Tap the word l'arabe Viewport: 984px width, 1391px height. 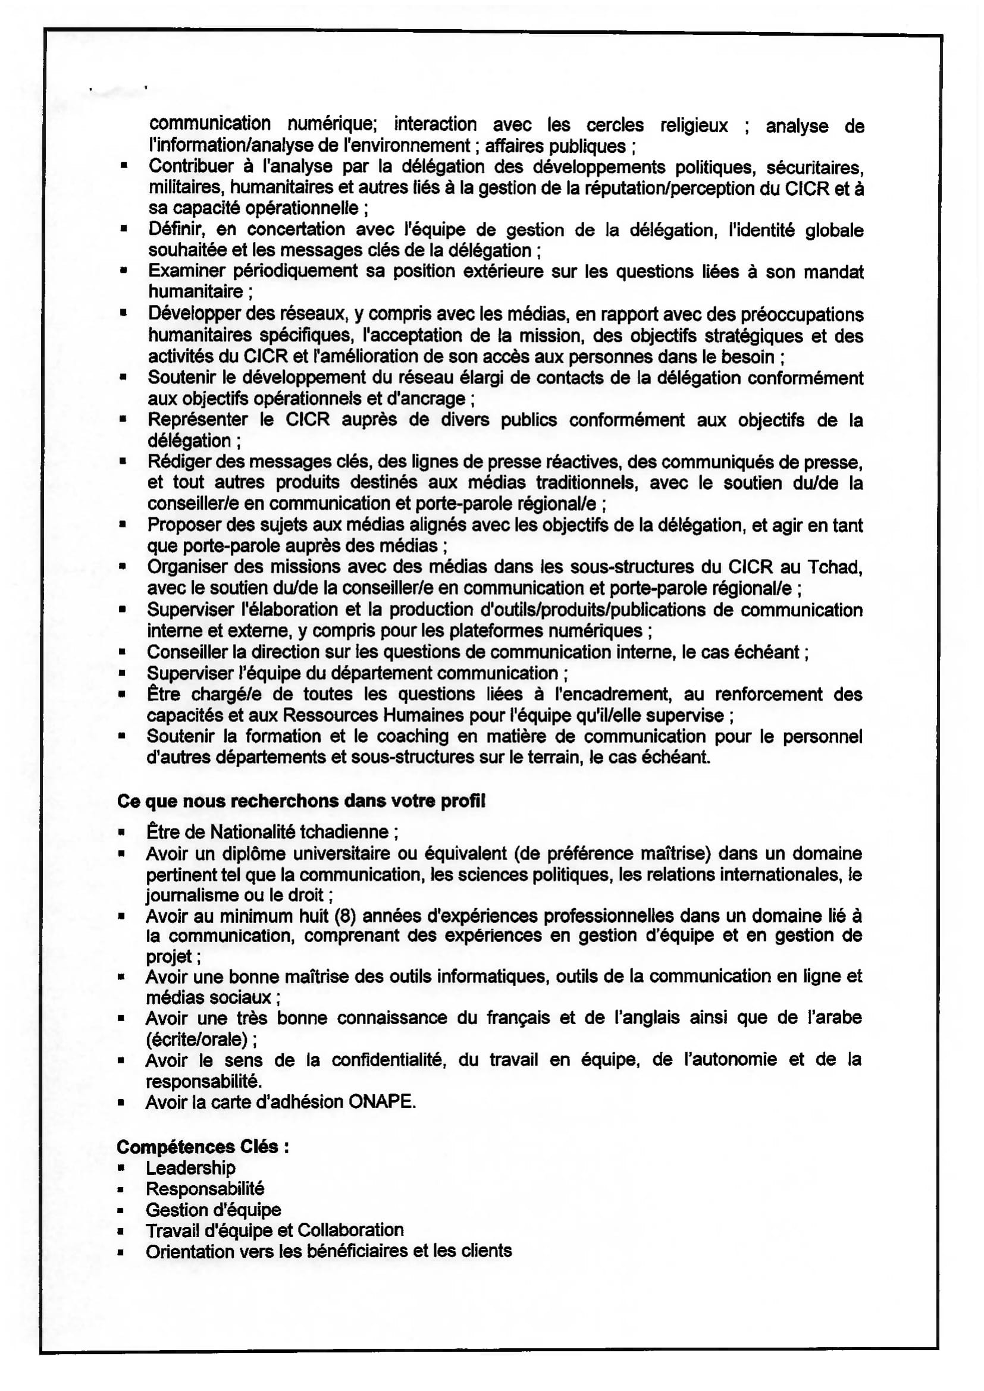coord(833,1017)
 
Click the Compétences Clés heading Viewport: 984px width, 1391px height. coord(202,1146)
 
